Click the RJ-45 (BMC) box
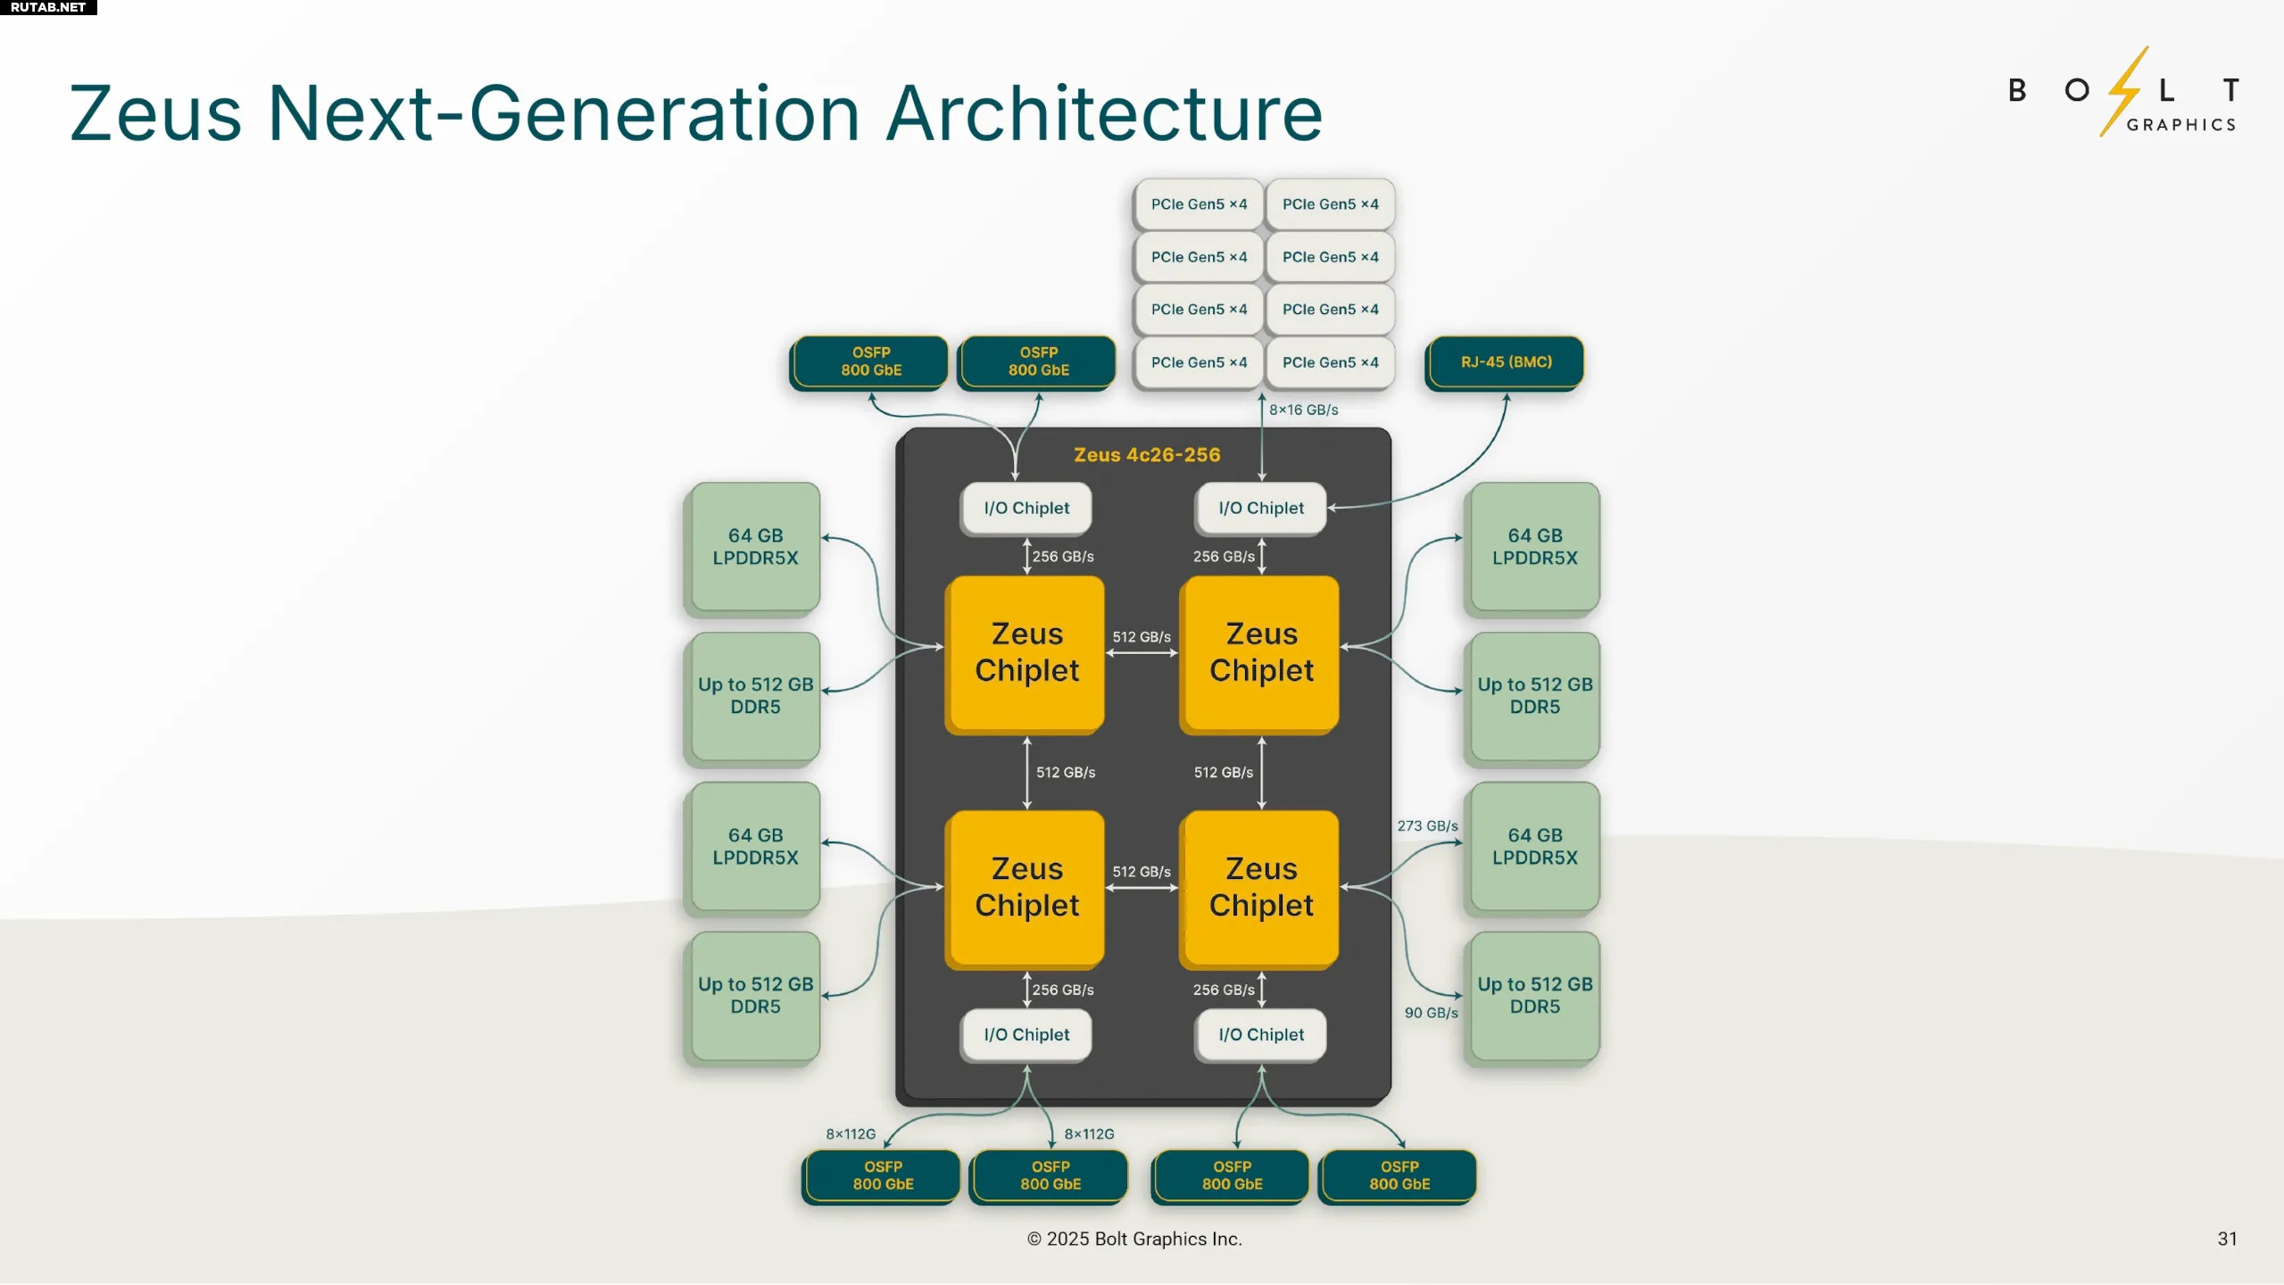(1505, 362)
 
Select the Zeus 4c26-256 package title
(1147, 455)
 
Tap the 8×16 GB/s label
(1303, 410)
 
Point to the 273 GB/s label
(1427, 825)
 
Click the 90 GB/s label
(1431, 1013)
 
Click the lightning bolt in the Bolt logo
(2123, 91)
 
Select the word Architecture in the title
(1104, 113)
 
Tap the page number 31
(2227, 1239)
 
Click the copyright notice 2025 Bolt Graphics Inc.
(1134, 1239)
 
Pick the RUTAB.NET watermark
(48, 7)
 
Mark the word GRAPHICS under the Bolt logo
(2181, 125)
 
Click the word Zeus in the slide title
(156, 113)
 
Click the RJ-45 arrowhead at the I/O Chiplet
(1332, 508)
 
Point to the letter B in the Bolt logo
(2017, 90)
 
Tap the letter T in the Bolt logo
(2230, 90)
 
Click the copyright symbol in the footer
(1034, 1239)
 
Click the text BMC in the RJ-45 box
(1531, 362)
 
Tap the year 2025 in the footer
(1068, 1239)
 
